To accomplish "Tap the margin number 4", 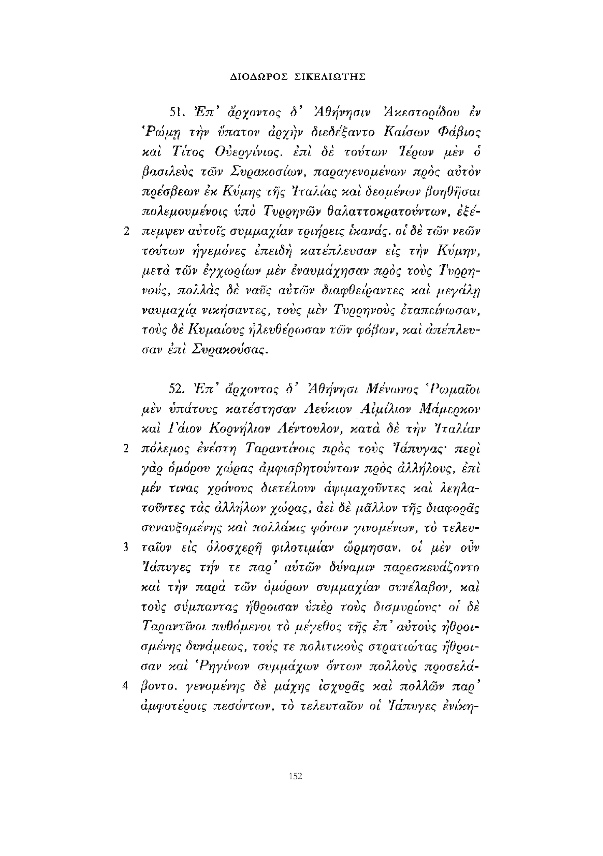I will click(126, 686).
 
